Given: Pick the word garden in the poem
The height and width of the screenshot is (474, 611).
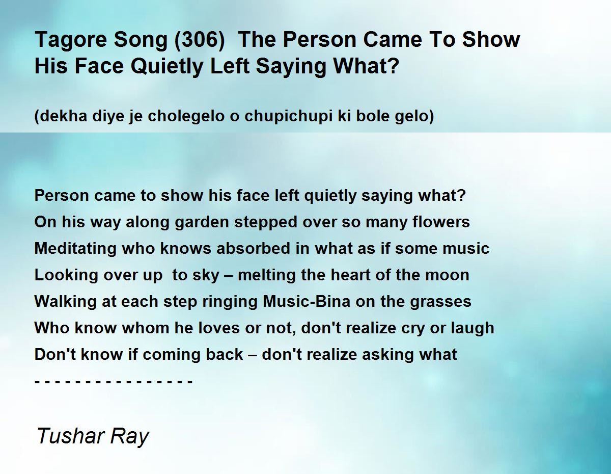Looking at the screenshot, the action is (202, 222).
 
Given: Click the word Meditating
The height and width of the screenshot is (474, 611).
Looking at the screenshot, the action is (75, 249).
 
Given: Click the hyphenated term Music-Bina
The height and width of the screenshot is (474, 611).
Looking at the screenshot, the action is (307, 301).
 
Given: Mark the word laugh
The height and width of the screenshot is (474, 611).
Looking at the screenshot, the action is (473, 328).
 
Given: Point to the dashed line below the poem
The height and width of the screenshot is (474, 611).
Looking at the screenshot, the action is (114, 382).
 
